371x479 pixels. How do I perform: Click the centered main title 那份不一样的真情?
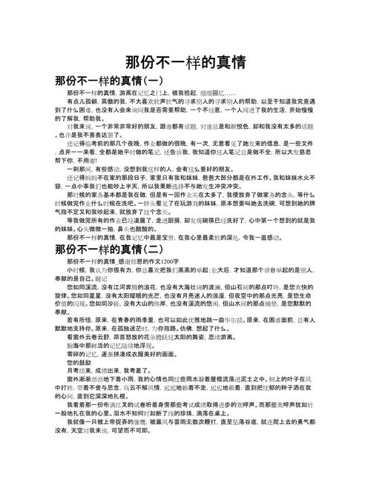click(185, 61)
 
